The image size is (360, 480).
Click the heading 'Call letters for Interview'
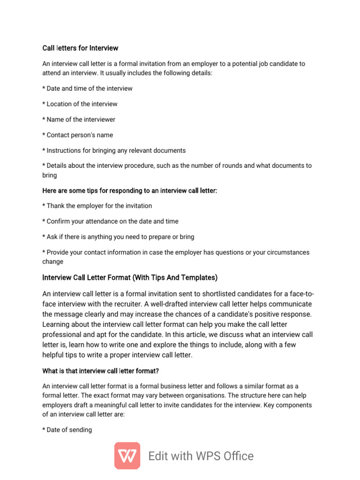(80, 48)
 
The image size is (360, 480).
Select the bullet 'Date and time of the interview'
(88, 89)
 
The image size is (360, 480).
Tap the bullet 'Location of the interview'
(80, 104)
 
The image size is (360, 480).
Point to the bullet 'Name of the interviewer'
(79, 120)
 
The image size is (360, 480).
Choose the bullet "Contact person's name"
(78, 135)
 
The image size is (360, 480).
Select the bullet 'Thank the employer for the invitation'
(97, 206)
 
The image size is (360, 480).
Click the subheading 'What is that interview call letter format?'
(101, 371)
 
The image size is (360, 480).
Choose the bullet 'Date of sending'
(67, 430)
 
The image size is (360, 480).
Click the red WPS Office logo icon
(127, 455)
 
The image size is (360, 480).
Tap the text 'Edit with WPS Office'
(201, 456)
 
